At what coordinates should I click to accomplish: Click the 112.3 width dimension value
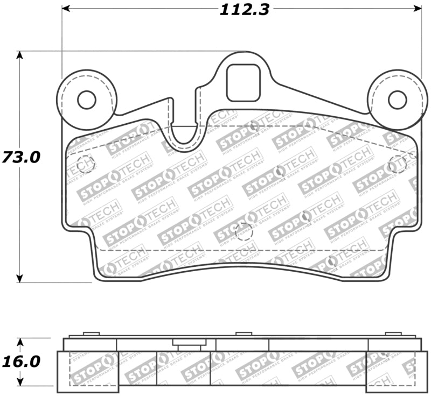click(244, 9)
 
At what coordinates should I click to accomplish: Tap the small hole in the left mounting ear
click(86, 100)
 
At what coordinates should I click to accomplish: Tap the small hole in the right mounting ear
click(397, 100)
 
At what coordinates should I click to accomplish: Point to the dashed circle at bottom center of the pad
click(244, 232)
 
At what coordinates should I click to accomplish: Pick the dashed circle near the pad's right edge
click(397, 164)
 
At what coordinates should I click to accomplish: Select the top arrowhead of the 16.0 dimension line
click(20, 342)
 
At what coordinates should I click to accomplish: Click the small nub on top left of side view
click(91, 334)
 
